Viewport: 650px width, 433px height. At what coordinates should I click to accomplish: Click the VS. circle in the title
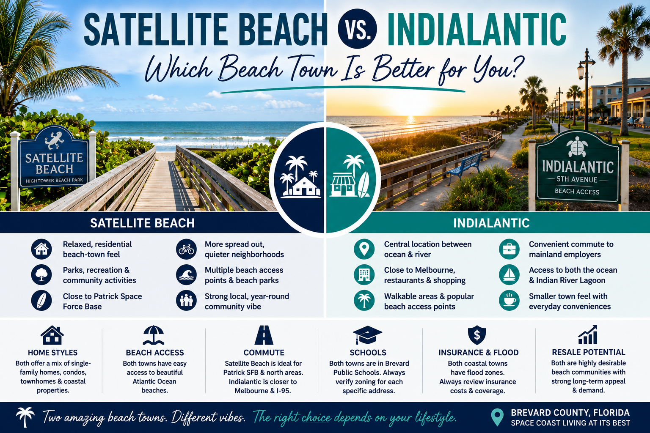click(x=357, y=28)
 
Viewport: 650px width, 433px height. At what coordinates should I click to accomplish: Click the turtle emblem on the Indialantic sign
click(x=577, y=147)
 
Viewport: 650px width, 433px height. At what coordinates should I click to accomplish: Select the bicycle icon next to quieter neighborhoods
click(x=186, y=249)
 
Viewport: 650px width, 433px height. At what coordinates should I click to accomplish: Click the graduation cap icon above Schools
click(x=367, y=335)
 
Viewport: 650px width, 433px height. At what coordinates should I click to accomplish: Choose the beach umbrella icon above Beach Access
click(x=154, y=335)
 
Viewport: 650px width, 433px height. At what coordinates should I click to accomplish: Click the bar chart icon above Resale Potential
click(x=588, y=334)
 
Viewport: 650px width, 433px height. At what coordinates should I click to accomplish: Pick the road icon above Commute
click(x=264, y=335)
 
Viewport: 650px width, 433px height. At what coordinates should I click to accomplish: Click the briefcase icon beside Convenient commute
click(x=509, y=249)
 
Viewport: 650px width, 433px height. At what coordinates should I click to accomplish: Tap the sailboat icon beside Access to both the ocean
click(x=509, y=275)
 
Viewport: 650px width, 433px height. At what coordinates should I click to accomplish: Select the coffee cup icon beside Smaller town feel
click(x=509, y=301)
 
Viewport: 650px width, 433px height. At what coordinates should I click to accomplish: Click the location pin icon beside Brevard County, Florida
click(x=497, y=417)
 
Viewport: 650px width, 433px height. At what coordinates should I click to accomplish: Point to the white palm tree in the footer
click(x=25, y=417)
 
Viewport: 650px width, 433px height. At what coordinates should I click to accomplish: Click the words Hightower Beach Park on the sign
click(x=54, y=181)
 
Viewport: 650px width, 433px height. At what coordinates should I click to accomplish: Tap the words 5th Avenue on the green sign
click(x=577, y=180)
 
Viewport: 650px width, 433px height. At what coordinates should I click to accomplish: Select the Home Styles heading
click(x=52, y=352)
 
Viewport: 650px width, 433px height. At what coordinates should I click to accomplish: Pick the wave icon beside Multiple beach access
click(x=186, y=275)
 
